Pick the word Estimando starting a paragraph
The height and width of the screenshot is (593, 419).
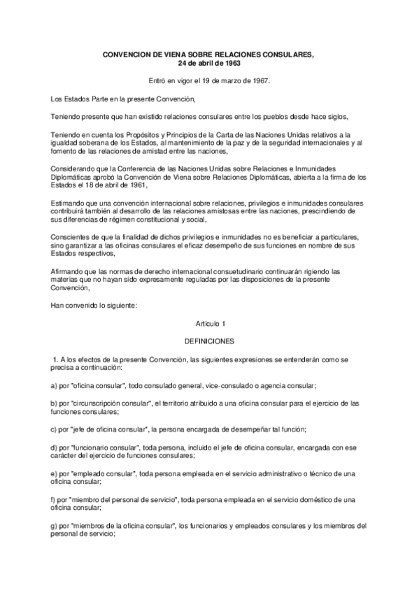coord(69,203)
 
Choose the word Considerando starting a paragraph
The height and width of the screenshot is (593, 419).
coord(73,169)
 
